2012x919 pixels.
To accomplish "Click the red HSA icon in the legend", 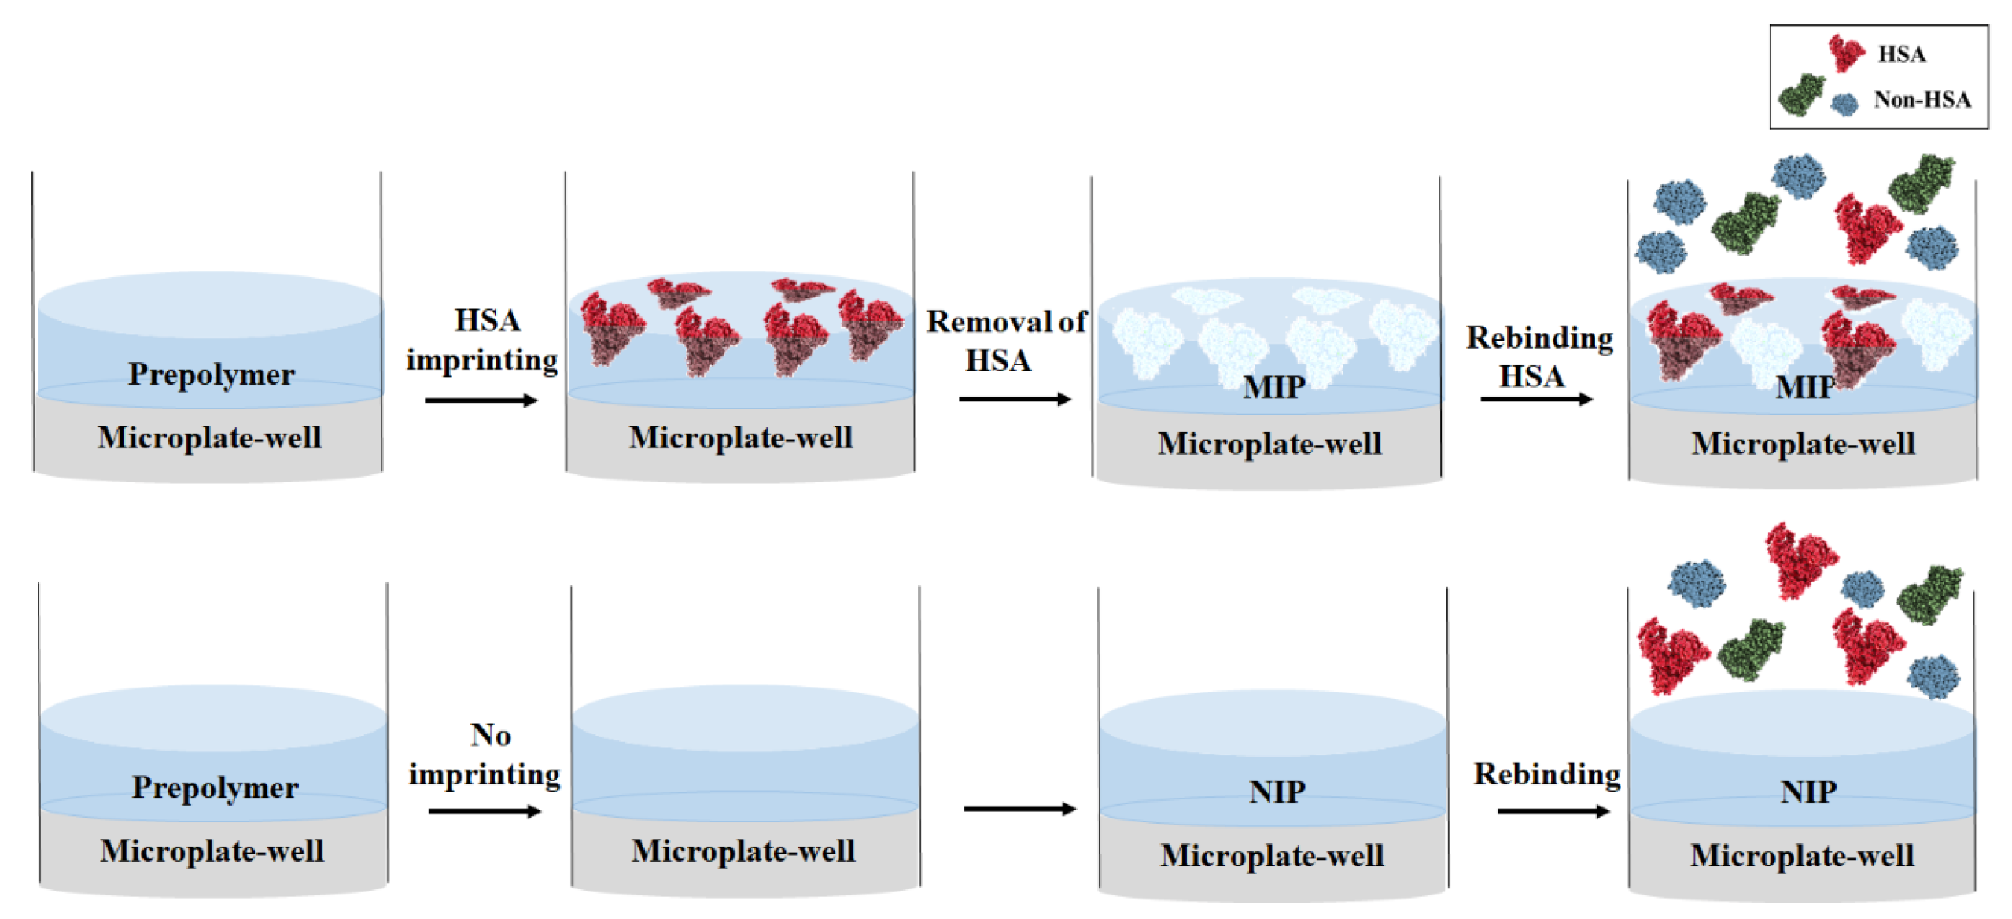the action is point(1844,53).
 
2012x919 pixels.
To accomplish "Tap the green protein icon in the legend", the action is point(1800,95).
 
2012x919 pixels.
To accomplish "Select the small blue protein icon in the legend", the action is point(1844,103).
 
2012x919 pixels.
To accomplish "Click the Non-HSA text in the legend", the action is point(1922,100).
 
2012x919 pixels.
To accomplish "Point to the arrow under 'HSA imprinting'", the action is point(481,400).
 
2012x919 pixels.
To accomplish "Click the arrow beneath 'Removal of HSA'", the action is point(1014,399).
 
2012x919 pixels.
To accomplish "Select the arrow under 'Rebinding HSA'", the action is point(1535,399).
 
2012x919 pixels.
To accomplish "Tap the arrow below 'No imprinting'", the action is point(485,810).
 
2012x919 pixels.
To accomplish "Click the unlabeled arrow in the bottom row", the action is point(1019,808).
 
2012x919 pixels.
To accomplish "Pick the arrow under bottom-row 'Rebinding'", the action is point(1553,810).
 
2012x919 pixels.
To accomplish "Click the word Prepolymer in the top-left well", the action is point(211,375).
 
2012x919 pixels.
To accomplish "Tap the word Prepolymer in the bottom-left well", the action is point(215,788).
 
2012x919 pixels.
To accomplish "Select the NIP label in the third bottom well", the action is point(1277,792).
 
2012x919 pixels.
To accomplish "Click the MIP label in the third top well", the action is point(1273,387).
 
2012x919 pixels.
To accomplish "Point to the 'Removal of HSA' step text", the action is point(1005,341).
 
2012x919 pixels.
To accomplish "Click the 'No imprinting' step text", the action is point(485,755).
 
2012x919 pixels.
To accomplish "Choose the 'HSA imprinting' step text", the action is point(482,340).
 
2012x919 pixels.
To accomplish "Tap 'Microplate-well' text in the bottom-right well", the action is point(1801,856).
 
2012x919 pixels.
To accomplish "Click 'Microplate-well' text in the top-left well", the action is point(209,437).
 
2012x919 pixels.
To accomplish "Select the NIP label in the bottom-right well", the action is point(1808,792).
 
